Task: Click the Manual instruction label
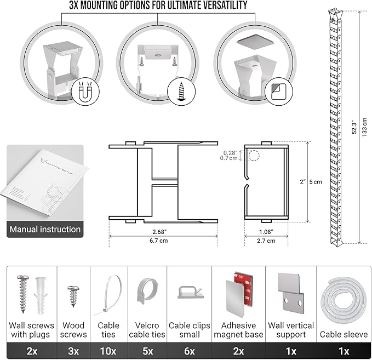(x=45, y=229)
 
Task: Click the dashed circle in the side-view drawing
(x=254, y=155)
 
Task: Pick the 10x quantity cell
(x=108, y=350)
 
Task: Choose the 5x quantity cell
(x=147, y=350)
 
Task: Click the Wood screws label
(x=74, y=329)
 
